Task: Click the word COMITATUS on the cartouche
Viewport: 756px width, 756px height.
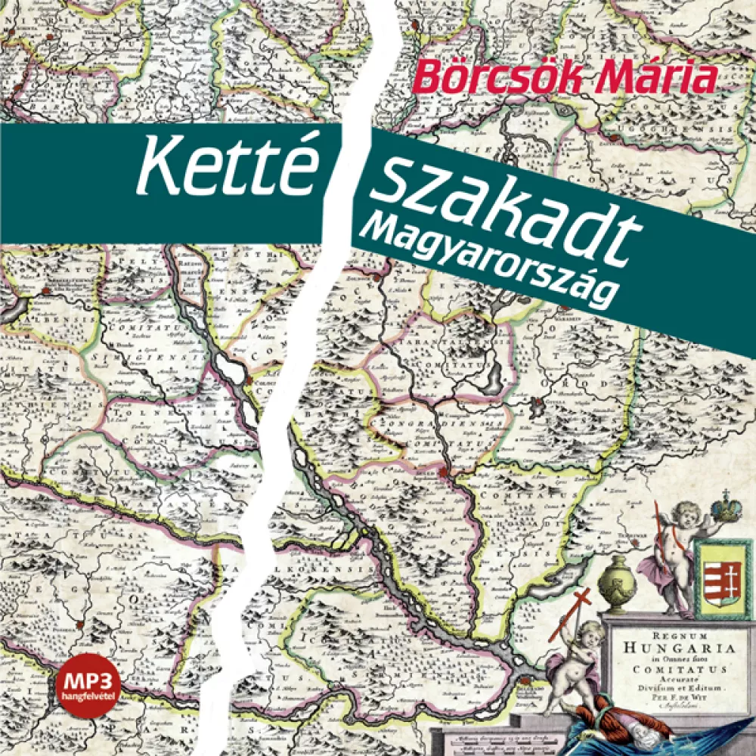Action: pyautogui.click(x=670, y=668)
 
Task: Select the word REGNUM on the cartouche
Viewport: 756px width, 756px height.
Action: pyautogui.click(x=669, y=627)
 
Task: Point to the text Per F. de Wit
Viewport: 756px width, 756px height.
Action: pyautogui.click(x=668, y=699)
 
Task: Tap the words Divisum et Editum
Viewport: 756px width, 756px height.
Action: pyautogui.click(x=668, y=689)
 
